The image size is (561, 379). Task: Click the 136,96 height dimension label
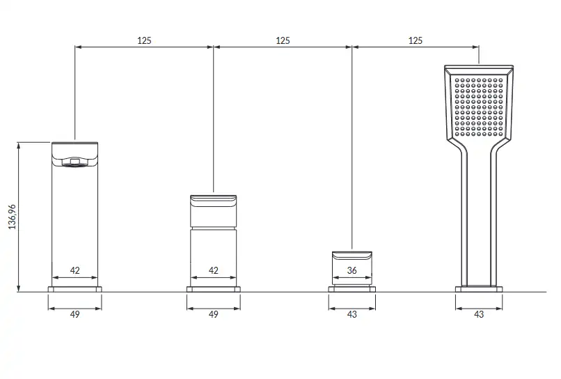(12, 217)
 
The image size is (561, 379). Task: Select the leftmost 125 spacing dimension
(144, 40)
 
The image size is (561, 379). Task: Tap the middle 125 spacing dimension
(283, 40)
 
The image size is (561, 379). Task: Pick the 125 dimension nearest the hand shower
(416, 40)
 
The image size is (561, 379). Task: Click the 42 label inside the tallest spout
(74, 270)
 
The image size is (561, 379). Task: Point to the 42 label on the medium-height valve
(213, 270)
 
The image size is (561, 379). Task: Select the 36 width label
(351, 270)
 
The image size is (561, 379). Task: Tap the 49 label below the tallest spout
(74, 314)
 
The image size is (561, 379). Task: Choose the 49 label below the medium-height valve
(213, 314)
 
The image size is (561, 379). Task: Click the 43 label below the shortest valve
(351, 314)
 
